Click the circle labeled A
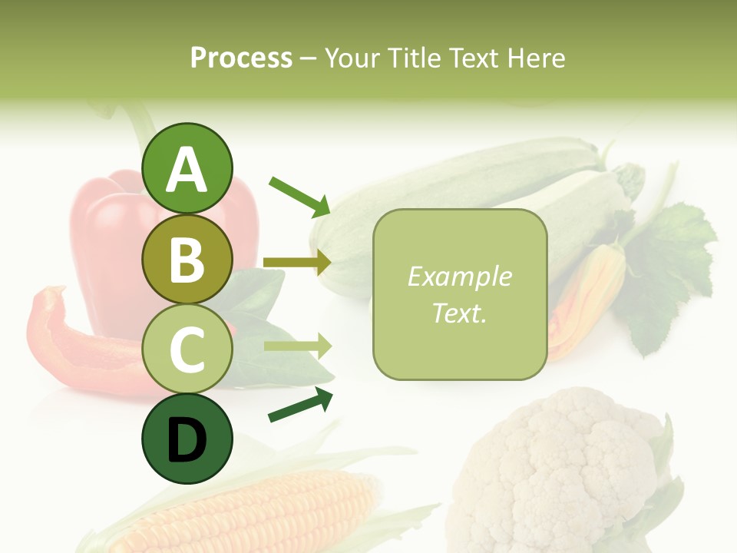pos(187,168)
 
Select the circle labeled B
pos(187,259)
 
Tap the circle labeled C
pos(187,349)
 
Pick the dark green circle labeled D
pos(187,439)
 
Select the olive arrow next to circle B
pos(297,263)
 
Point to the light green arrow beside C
pos(297,346)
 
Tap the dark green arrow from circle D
pos(300,405)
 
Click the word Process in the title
pos(241,58)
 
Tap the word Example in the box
pos(459,276)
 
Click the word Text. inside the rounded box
pos(459,313)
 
